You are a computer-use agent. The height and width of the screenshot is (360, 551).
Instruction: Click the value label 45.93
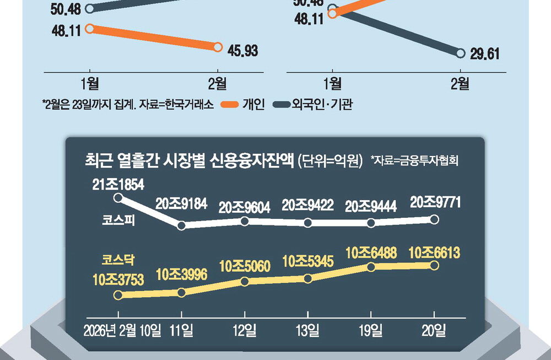pos(242,51)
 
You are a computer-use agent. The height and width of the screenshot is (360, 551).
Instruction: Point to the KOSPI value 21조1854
pos(118,185)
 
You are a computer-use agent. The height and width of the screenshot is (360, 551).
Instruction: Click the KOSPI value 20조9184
pos(181,205)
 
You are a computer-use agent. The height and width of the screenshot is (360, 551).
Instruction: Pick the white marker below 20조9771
pos(434,219)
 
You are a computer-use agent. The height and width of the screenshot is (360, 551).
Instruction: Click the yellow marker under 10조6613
pos(434,265)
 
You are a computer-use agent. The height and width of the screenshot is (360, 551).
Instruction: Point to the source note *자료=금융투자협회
pos(414,160)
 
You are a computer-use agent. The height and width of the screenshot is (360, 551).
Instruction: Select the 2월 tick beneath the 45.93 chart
pos(217,84)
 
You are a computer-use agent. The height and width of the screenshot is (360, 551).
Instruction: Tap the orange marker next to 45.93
pos(217,47)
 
